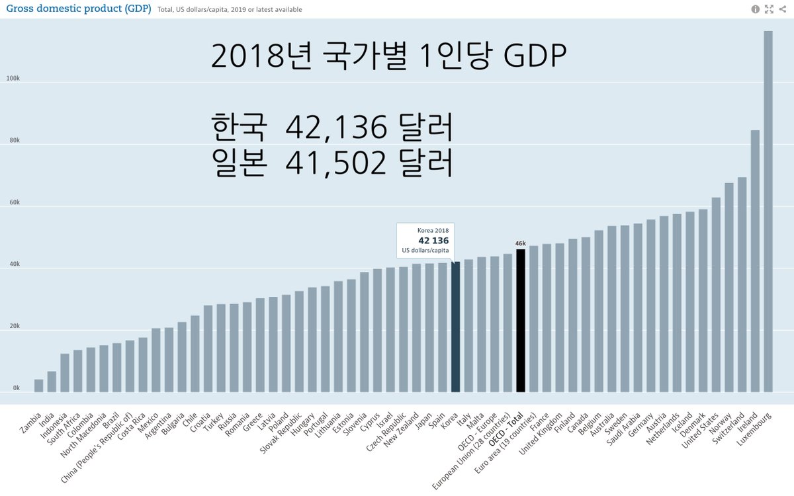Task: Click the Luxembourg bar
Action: click(768, 212)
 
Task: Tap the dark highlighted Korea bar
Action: click(455, 327)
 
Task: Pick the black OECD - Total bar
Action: click(521, 320)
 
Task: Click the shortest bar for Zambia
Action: click(38, 386)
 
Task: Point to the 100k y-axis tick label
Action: click(13, 79)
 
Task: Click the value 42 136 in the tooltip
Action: click(433, 240)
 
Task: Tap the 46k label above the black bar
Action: click(521, 243)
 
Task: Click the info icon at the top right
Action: click(756, 9)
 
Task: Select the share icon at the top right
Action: click(782, 9)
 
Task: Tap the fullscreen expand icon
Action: click(769, 9)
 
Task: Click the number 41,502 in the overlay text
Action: click(337, 163)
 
